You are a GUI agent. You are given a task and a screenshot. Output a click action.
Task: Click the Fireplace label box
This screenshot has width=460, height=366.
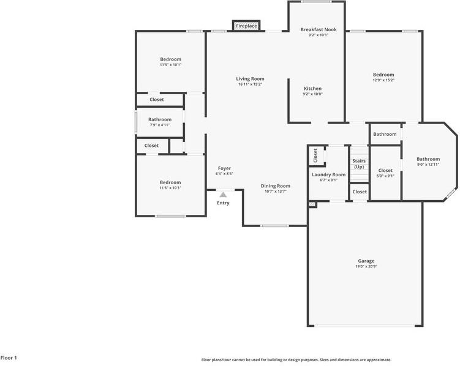click(246, 26)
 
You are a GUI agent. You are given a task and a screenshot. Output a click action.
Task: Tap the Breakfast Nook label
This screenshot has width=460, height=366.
click(318, 29)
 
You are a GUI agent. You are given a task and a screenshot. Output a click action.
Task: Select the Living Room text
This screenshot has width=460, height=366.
click(250, 78)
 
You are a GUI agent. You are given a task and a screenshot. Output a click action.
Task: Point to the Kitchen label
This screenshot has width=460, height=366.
click(312, 89)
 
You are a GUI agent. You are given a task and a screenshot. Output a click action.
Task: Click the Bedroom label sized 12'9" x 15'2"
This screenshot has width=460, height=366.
click(383, 74)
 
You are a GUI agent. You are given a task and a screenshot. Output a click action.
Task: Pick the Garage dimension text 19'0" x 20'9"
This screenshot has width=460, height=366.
click(366, 267)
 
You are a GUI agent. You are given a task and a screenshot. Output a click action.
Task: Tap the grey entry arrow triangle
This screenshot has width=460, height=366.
click(223, 195)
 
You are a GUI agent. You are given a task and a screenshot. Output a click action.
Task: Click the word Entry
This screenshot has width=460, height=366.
click(224, 203)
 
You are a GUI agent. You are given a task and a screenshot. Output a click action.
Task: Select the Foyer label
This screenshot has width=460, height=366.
click(224, 168)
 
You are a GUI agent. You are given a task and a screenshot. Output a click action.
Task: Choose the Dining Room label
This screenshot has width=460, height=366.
click(276, 185)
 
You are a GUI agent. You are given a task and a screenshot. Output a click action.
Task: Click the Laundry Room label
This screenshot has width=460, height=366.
click(329, 174)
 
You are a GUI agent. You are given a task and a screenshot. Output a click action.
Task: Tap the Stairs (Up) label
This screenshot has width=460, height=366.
click(359, 163)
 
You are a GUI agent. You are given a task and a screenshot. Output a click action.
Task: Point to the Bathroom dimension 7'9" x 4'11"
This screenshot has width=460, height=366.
click(160, 125)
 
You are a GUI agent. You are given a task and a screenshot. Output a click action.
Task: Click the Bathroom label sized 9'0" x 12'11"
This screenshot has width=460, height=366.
click(428, 159)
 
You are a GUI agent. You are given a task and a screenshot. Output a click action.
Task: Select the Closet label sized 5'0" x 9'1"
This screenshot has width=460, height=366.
click(385, 171)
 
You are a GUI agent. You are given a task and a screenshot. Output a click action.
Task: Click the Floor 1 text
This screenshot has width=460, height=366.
click(9, 357)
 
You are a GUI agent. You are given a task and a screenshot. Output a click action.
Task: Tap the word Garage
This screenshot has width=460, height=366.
click(366, 261)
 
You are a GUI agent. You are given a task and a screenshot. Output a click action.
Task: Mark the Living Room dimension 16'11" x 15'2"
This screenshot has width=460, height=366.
click(250, 84)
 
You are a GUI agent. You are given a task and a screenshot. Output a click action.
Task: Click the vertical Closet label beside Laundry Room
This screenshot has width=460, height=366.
click(315, 155)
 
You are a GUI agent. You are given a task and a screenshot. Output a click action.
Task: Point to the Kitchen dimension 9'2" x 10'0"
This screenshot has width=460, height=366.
click(312, 94)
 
